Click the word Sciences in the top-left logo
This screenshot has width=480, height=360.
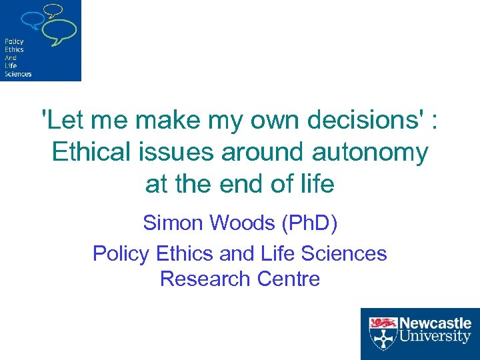pyautogui.click(x=17, y=74)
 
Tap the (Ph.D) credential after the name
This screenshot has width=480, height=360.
pyautogui.click(x=309, y=223)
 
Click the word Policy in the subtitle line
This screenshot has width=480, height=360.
pyautogui.click(x=121, y=253)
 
